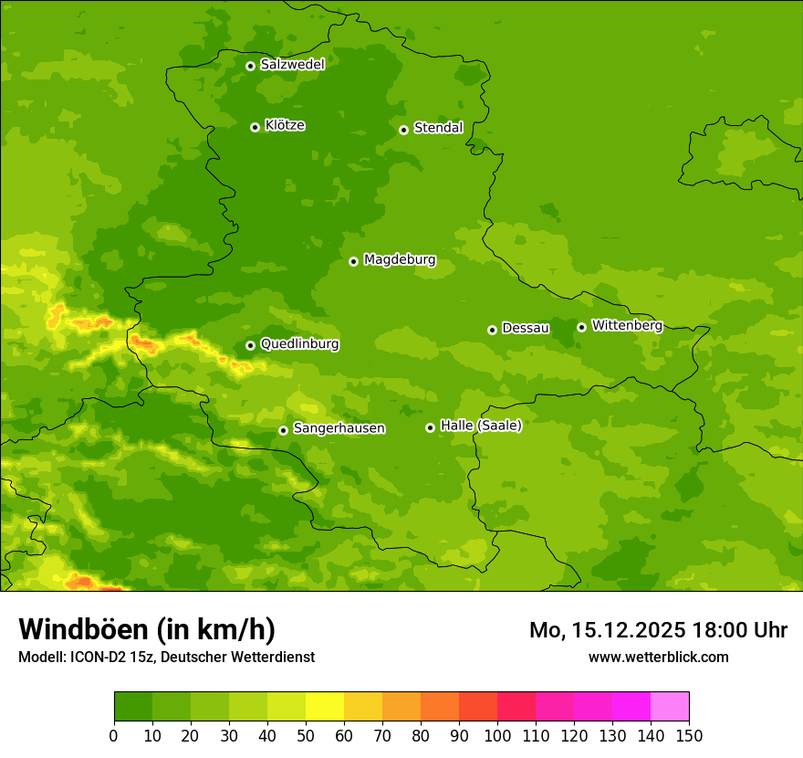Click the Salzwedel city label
(x=292, y=65)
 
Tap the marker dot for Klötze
(x=255, y=127)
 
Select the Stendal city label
(x=438, y=128)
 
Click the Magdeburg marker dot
(x=354, y=261)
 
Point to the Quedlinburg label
(x=299, y=344)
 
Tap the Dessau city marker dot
(x=493, y=330)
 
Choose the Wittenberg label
(x=626, y=325)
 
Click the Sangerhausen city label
(x=339, y=428)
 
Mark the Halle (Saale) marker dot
(x=431, y=427)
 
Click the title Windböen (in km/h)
(x=146, y=629)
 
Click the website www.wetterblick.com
(x=658, y=657)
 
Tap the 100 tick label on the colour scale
(x=497, y=735)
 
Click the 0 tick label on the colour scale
(x=114, y=735)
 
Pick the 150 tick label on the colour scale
(x=689, y=735)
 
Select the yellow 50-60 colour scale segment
(x=325, y=707)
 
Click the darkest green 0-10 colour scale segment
(x=133, y=707)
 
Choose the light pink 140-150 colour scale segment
(x=670, y=707)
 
